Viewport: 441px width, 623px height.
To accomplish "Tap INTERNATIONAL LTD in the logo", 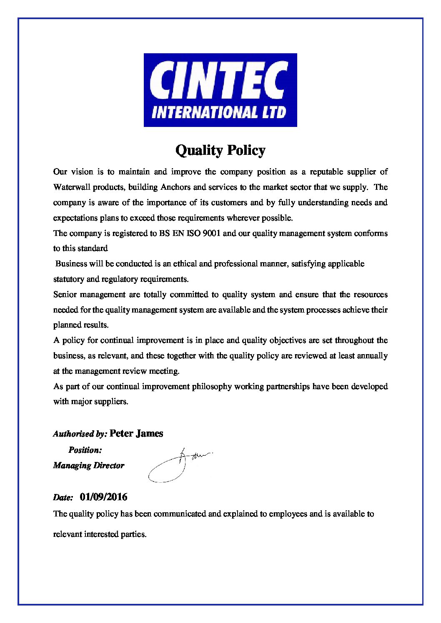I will [x=219, y=112].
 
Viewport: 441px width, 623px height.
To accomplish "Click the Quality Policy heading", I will [x=220, y=150].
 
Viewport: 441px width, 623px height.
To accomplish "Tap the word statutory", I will [x=68, y=279].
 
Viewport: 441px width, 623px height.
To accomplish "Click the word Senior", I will [x=65, y=295].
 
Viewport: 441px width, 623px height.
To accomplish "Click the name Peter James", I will [x=136, y=434].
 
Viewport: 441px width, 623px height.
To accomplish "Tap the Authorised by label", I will [x=80, y=434].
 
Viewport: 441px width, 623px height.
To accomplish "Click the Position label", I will [x=85, y=450].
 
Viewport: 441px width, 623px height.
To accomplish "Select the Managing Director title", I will [x=89, y=466].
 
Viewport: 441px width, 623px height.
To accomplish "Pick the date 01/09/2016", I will [x=104, y=497].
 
